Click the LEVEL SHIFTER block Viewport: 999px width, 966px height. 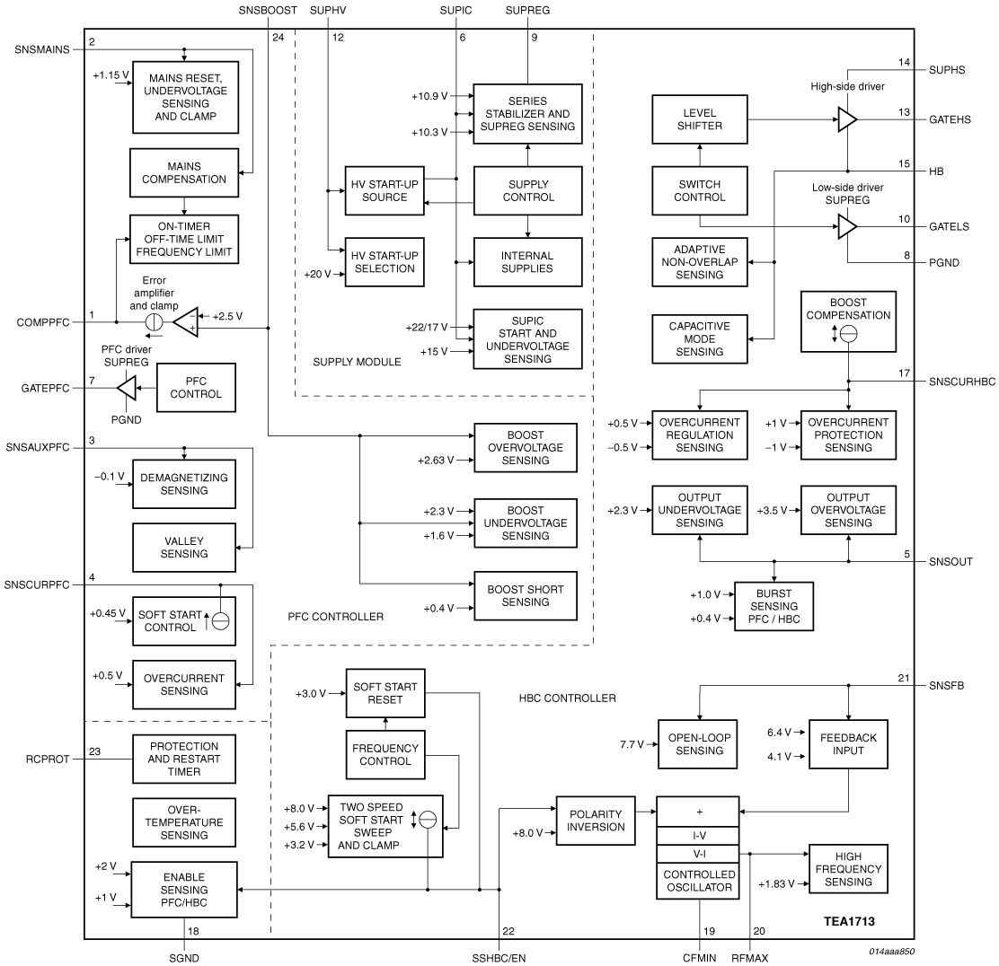700,120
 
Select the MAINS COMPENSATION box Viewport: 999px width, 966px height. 184,173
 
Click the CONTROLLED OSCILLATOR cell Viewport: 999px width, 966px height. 698,881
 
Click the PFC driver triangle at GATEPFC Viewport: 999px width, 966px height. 127,388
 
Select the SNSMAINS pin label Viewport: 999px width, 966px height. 41,48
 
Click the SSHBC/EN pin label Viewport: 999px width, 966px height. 498,957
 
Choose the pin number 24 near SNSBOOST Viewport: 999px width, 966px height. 278,38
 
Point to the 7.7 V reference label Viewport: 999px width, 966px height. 633,744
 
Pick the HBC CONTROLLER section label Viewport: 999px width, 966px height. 567,698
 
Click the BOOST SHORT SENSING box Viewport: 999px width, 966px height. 526,595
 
